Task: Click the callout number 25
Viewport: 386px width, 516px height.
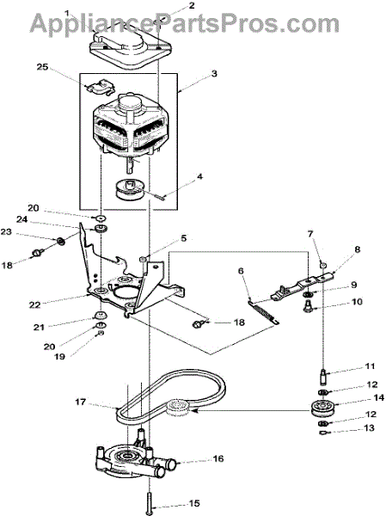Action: [x=42, y=67]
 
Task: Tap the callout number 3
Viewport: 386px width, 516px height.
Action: [x=214, y=73]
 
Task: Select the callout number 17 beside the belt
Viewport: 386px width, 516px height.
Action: [x=81, y=402]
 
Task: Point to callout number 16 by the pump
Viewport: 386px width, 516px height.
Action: [x=218, y=458]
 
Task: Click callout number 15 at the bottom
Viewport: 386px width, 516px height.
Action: [x=194, y=503]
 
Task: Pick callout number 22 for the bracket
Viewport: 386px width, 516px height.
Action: [x=34, y=304]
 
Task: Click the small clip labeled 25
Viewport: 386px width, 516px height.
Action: [x=100, y=86]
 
